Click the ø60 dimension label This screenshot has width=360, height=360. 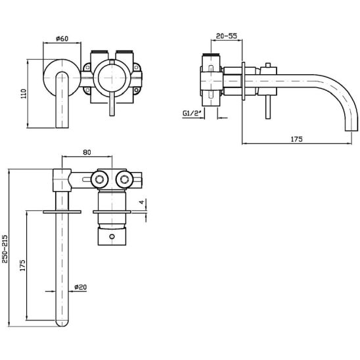coord(62,39)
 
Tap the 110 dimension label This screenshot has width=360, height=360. coord(24,94)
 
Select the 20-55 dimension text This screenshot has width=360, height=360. coord(227,36)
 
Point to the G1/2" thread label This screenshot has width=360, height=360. coord(192,114)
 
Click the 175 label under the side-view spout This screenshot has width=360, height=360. coord(297,139)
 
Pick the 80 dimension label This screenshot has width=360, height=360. coord(87,152)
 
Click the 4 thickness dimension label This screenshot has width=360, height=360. coord(142,202)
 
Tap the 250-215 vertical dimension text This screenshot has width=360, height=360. coord(5,249)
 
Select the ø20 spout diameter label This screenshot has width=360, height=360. coord(81,287)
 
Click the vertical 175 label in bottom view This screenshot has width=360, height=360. coord(22,265)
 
